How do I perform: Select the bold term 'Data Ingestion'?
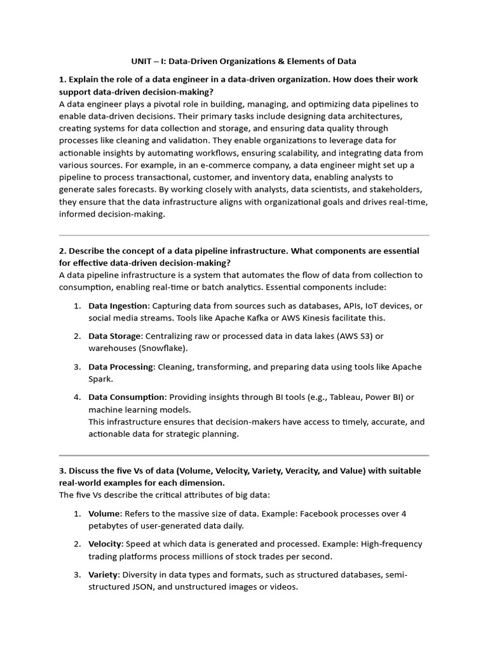pyautogui.click(x=118, y=305)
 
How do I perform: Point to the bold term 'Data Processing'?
pyautogui.click(x=121, y=366)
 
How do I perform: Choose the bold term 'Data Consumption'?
pyautogui.click(x=126, y=397)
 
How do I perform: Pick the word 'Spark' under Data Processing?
pyautogui.click(x=100, y=379)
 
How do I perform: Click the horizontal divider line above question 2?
pyautogui.click(x=244, y=235)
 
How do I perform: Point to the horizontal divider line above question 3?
pyautogui.click(x=244, y=455)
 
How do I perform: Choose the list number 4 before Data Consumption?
pyautogui.click(x=76, y=397)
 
